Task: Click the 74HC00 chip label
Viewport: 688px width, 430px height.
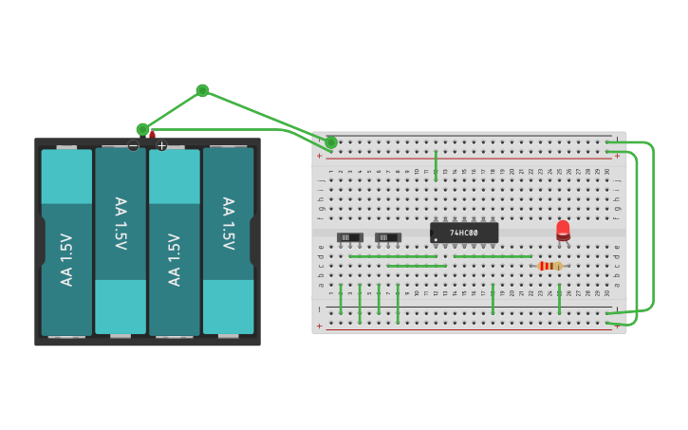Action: (x=464, y=233)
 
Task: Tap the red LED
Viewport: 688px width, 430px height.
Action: (x=563, y=229)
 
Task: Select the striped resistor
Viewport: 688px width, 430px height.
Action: (x=549, y=266)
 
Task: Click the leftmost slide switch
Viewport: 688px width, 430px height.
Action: (x=349, y=237)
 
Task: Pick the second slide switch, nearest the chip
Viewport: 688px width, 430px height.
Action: (x=387, y=237)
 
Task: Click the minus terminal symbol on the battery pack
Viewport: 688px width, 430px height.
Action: (x=133, y=145)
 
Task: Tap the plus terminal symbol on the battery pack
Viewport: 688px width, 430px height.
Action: (x=161, y=145)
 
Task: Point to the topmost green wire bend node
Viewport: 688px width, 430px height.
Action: (x=202, y=90)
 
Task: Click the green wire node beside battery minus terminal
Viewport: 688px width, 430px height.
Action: (x=142, y=129)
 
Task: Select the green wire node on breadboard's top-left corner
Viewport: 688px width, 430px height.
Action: (x=330, y=142)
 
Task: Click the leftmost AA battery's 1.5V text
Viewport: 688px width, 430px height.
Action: (x=66, y=259)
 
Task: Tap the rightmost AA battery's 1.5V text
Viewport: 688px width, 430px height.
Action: (x=228, y=224)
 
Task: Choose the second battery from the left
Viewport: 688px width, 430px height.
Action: (x=121, y=241)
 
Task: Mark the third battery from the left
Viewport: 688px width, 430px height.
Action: (x=175, y=241)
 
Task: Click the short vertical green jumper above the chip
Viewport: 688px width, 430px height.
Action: (x=436, y=165)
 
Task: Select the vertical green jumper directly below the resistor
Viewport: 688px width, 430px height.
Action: (x=559, y=298)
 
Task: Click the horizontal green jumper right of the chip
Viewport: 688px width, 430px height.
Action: (x=493, y=256)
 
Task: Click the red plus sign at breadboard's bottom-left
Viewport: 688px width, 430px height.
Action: (x=319, y=326)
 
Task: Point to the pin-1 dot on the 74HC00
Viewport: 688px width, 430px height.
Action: (x=436, y=239)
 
